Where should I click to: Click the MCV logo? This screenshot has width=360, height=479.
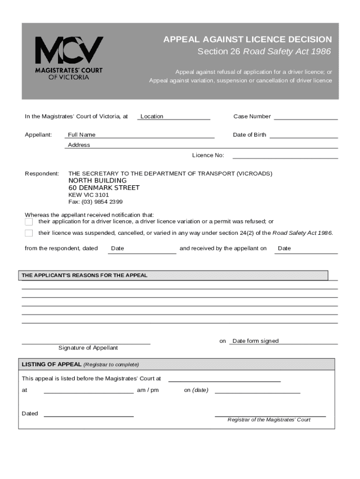pos(69,58)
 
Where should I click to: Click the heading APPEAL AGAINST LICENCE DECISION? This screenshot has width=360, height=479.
pos(247,39)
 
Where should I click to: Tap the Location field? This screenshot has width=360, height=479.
pos(173,116)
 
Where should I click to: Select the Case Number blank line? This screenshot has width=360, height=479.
pos(306,116)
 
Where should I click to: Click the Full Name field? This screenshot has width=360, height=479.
pos(140,135)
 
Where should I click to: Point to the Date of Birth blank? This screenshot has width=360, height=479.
pos(303,135)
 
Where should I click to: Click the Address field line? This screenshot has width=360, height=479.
pos(201,145)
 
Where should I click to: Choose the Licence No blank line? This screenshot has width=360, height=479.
pos(285,155)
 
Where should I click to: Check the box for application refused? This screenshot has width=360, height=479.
pos(29,222)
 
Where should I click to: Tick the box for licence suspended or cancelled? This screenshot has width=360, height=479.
pos(29,233)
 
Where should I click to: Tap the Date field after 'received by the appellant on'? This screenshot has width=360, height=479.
pos(306,249)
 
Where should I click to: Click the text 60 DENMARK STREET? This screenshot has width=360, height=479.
pos(104,188)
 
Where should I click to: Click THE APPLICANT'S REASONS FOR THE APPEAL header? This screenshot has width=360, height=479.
pos(85,276)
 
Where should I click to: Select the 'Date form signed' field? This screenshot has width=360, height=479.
pos(283,341)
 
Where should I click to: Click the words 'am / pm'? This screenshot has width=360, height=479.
pos(148,390)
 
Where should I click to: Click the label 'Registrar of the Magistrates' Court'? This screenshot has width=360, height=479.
pos(269,420)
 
